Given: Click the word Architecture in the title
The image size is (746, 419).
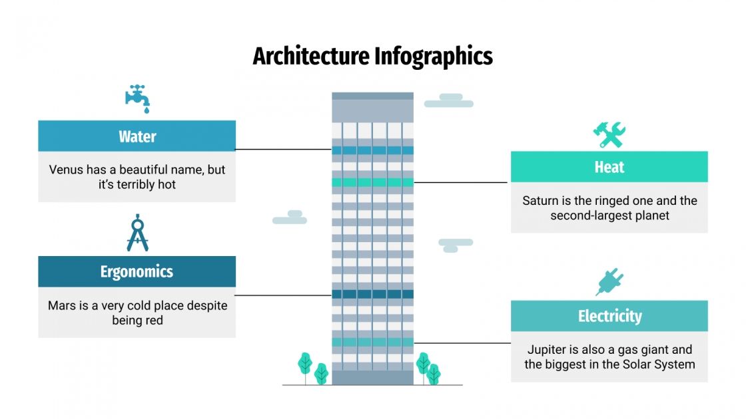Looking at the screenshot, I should point(311,57).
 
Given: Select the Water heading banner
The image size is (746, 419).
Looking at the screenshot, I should point(137,136).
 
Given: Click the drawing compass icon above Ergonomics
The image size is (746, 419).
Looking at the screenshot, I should point(137,233).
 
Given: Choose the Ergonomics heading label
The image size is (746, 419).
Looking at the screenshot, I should point(137,271).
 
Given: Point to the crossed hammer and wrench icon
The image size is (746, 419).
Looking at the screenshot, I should point(609,134).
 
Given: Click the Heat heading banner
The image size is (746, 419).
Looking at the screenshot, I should point(609,167).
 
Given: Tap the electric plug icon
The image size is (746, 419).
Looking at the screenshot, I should point(609,283).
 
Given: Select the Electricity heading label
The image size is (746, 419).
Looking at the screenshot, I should point(609,316).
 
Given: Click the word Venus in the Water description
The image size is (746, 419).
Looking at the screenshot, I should point(66,170).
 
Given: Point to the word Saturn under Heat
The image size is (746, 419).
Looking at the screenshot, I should point(540,201).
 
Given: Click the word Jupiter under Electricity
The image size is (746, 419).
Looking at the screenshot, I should point(548,350).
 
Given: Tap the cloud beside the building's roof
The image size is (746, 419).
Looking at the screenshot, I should point(449,100).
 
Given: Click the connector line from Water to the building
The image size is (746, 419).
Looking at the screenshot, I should point(284,150).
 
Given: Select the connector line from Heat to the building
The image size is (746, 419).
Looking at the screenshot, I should point(462,182).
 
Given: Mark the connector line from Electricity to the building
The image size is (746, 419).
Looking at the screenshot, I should point(462,343).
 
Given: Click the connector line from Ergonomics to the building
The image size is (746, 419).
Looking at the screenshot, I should point(284,295).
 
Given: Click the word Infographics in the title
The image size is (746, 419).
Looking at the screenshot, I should point(433,57).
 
